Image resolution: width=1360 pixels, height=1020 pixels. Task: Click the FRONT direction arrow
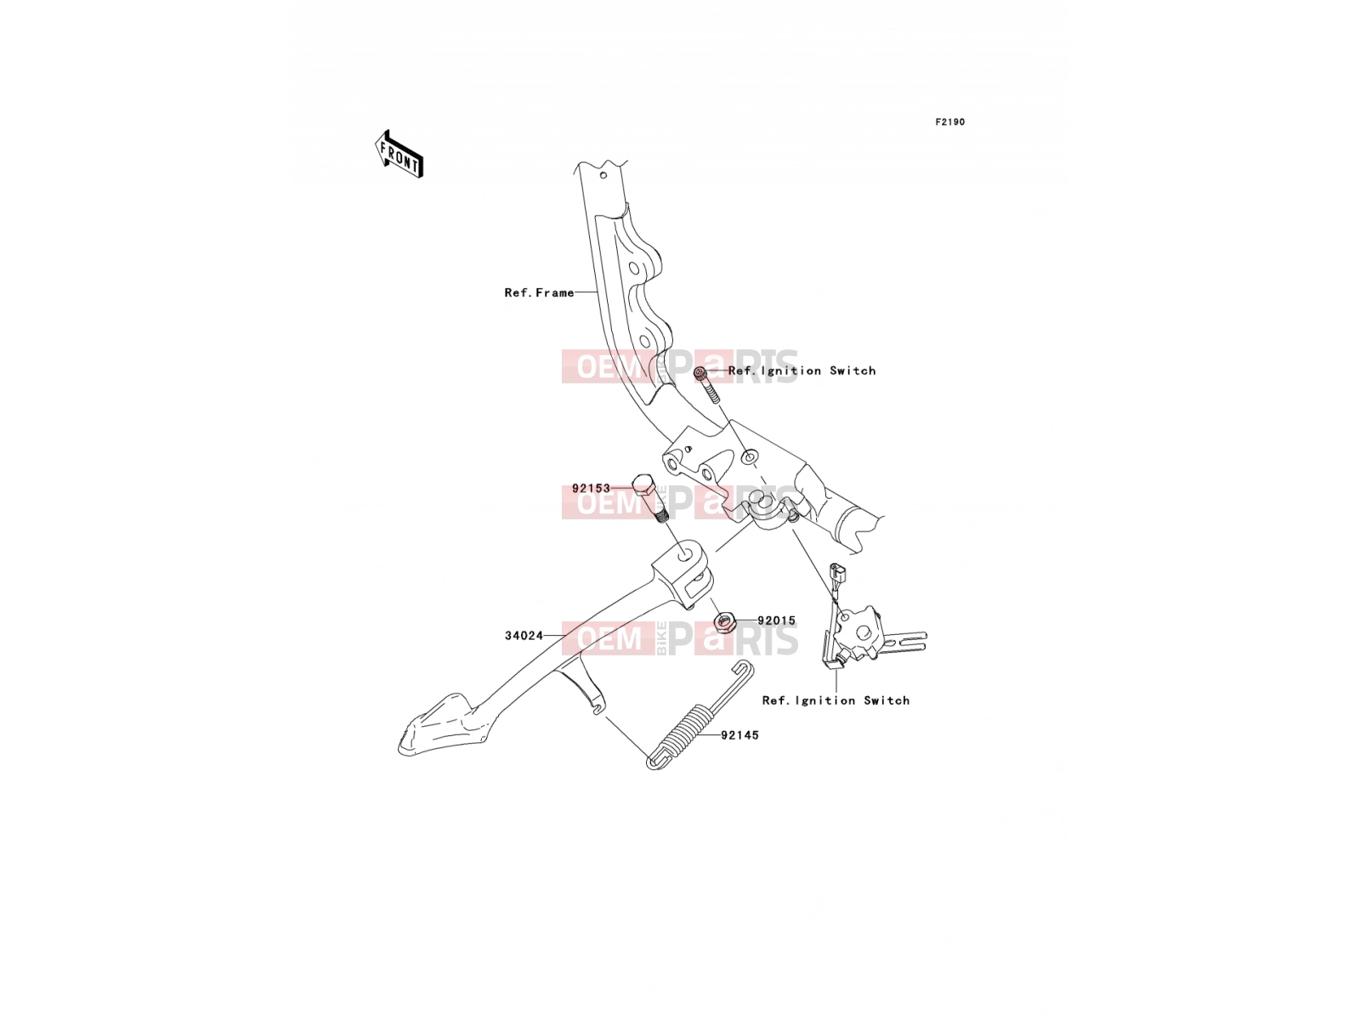point(399,155)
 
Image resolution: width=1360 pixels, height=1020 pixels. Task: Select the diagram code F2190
point(949,122)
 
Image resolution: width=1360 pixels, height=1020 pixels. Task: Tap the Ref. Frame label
point(539,292)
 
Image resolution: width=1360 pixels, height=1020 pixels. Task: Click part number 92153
point(591,488)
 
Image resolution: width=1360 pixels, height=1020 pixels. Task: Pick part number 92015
point(776,620)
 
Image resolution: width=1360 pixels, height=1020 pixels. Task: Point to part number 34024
point(524,636)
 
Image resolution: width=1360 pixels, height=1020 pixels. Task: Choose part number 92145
point(739,735)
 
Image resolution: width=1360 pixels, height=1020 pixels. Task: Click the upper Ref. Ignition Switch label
point(802,371)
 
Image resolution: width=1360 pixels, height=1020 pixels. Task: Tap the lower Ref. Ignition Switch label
point(836,700)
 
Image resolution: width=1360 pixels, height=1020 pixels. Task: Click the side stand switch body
point(858,632)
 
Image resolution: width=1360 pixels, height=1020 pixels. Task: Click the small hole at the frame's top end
point(603,175)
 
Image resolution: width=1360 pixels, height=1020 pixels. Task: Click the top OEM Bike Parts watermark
point(680,366)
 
